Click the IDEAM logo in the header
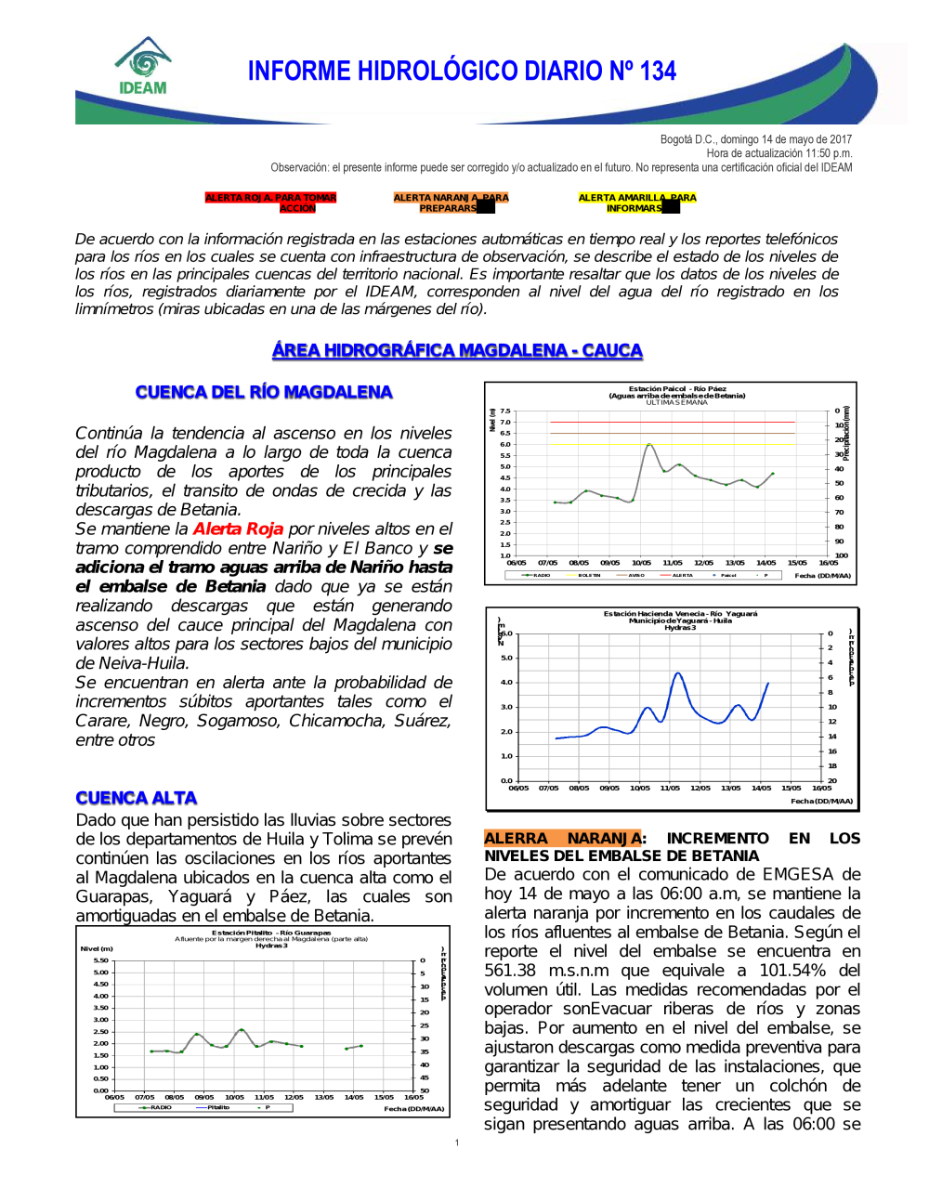[x=143, y=67]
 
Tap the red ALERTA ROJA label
[x=270, y=202]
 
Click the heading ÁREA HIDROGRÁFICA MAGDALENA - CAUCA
[x=457, y=350]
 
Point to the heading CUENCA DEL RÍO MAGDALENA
[x=264, y=392]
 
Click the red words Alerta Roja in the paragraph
[x=238, y=529]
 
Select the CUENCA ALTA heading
[x=137, y=798]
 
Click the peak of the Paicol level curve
[x=648, y=445]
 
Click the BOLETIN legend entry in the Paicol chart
[x=589, y=575]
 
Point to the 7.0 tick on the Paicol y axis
[x=505, y=422]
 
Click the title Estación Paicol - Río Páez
[x=677, y=389]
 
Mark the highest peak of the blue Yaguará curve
[x=678, y=673]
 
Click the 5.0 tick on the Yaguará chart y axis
[x=506, y=658]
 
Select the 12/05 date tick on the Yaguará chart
[x=700, y=788]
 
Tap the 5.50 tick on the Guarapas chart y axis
[x=101, y=960]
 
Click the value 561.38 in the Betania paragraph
[x=509, y=971]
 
